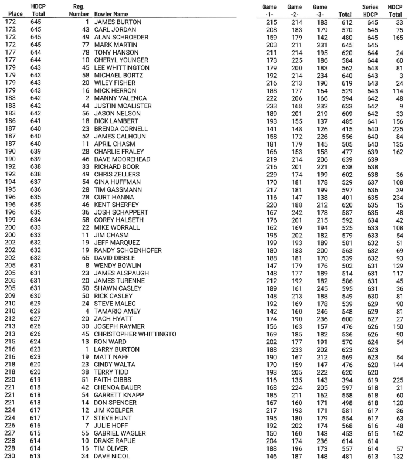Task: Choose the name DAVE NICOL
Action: pyautogui.click(x=111, y=456)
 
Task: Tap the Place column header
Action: pyautogui.click(x=13, y=12)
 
